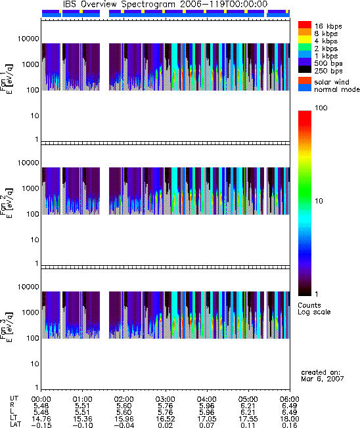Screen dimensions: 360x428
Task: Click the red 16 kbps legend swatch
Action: pyautogui.click(x=305, y=24)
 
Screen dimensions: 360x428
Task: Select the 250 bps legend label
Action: pyautogui.click(x=328, y=71)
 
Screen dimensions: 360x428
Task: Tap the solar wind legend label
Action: pyautogui.click(x=332, y=82)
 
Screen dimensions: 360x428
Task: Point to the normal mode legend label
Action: pyautogui.click(x=337, y=89)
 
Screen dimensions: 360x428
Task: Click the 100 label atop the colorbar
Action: pyautogui.click(x=321, y=108)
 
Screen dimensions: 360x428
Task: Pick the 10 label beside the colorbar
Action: pyautogui.click(x=319, y=201)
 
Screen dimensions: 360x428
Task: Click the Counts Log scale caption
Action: pyautogui.click(x=314, y=309)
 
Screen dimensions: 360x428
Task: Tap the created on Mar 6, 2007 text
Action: pyautogui.click(x=323, y=375)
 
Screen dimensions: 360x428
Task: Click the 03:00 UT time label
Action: pyautogui.click(x=166, y=399)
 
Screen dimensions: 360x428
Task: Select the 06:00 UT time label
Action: pyautogui.click(x=289, y=399)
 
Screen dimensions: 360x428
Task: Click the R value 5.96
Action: pyautogui.click(x=206, y=406)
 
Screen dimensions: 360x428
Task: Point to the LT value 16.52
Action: pyautogui.click(x=166, y=419)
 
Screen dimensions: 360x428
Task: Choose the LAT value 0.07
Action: pyautogui.click(x=206, y=425)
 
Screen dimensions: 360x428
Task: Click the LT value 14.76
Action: pyautogui.click(x=41, y=419)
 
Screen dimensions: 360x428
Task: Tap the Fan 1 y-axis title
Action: pyautogui.click(x=7, y=79)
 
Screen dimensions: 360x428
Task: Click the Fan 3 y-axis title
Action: pyautogui.click(x=7, y=327)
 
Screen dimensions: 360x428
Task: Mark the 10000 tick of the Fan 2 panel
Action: pyautogui.click(x=28, y=163)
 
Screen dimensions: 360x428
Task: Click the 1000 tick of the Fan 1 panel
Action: pyautogui.click(x=31, y=64)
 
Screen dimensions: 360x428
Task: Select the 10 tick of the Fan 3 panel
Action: pyautogui.click(x=35, y=364)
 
